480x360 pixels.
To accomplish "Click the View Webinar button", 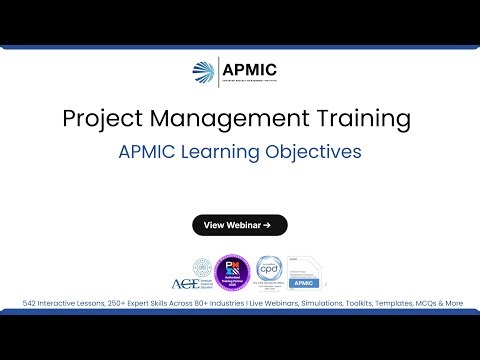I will tap(240, 225).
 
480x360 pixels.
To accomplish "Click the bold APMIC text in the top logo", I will tap(251, 69).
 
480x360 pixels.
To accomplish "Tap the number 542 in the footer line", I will tap(32, 303).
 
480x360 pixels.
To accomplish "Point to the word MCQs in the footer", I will tap(424, 303).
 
